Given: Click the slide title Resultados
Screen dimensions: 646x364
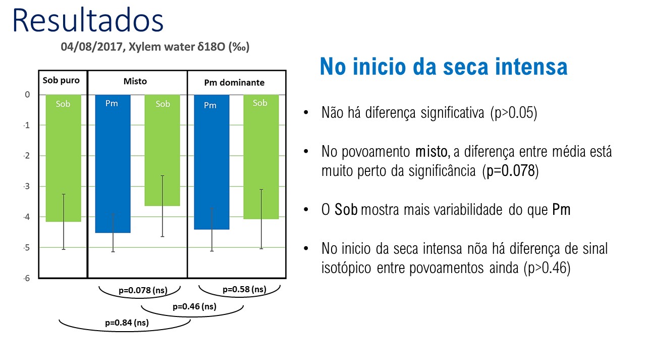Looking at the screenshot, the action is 88,20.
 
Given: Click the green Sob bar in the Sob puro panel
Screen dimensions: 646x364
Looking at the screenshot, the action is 64,158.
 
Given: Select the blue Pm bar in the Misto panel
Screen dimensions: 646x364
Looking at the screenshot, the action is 113,163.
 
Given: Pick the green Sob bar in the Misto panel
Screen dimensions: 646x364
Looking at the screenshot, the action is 163,150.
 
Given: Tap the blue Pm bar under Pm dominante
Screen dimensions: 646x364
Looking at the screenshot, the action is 211,162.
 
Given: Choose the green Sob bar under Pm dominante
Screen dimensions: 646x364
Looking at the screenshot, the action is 261,157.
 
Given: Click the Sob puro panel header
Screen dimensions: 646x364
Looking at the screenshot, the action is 61,80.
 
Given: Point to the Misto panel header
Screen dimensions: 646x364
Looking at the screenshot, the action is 135,81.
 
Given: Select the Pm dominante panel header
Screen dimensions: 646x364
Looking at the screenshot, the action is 234,82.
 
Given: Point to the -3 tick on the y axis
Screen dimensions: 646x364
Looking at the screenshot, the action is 27,187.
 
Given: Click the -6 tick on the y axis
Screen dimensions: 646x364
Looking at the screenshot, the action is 27,278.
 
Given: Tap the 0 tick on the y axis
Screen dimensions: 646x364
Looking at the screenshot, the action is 27,95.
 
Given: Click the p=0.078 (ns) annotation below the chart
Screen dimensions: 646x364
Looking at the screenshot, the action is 143,290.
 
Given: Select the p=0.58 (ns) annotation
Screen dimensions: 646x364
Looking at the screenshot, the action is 244,289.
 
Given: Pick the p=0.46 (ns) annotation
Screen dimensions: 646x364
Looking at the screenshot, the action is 194,306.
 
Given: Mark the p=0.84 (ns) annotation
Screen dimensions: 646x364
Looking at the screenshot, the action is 127,323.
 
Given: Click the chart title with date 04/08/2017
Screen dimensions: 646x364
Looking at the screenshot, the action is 155,47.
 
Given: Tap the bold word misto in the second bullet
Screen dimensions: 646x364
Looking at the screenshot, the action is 431,152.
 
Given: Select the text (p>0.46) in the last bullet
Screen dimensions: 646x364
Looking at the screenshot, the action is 547,268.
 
